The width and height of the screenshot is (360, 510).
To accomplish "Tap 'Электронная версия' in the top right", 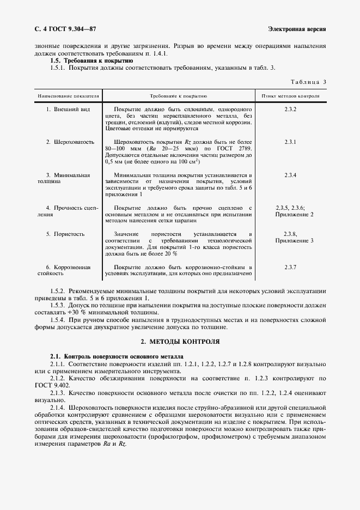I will point(297,28).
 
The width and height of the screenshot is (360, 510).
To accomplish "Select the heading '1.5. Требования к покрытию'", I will point(95,61).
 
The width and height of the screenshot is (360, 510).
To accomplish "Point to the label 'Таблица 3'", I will point(309,82).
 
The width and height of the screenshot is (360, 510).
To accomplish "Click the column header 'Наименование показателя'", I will point(68,96).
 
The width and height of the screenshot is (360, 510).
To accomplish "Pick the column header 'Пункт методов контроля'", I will point(290,96).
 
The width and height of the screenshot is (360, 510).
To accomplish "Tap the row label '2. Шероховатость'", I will point(70,142).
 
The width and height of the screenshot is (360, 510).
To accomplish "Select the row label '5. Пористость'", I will point(65,234).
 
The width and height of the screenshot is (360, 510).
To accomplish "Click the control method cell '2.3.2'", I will point(290,110).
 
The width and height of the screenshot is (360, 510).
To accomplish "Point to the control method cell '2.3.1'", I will point(290,142).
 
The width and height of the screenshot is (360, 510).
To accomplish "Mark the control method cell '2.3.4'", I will point(290,175).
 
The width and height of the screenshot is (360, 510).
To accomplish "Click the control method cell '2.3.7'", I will point(290,267).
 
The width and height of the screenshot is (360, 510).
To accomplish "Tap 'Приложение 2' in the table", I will point(294,215).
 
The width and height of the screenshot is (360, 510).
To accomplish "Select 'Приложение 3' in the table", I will point(294,241).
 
